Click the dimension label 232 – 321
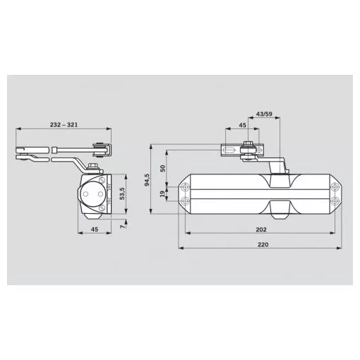(64, 125)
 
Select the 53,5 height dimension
(122, 193)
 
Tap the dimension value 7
(122, 227)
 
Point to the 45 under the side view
(95, 229)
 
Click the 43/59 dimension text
(264, 114)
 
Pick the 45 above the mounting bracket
(242, 125)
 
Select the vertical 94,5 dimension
(147, 180)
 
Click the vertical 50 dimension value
(162, 168)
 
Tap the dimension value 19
(162, 194)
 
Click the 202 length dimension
(261, 229)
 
